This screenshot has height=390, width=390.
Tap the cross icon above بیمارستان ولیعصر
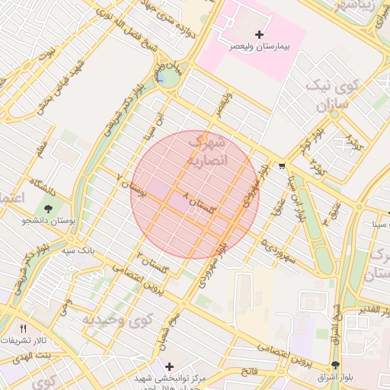pos(259,34)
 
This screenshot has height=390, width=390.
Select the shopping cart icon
pos(282,165)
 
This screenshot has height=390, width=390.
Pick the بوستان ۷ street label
pos(129,187)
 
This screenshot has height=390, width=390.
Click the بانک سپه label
pos(78,250)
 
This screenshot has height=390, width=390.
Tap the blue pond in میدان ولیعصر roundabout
pos(161,77)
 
